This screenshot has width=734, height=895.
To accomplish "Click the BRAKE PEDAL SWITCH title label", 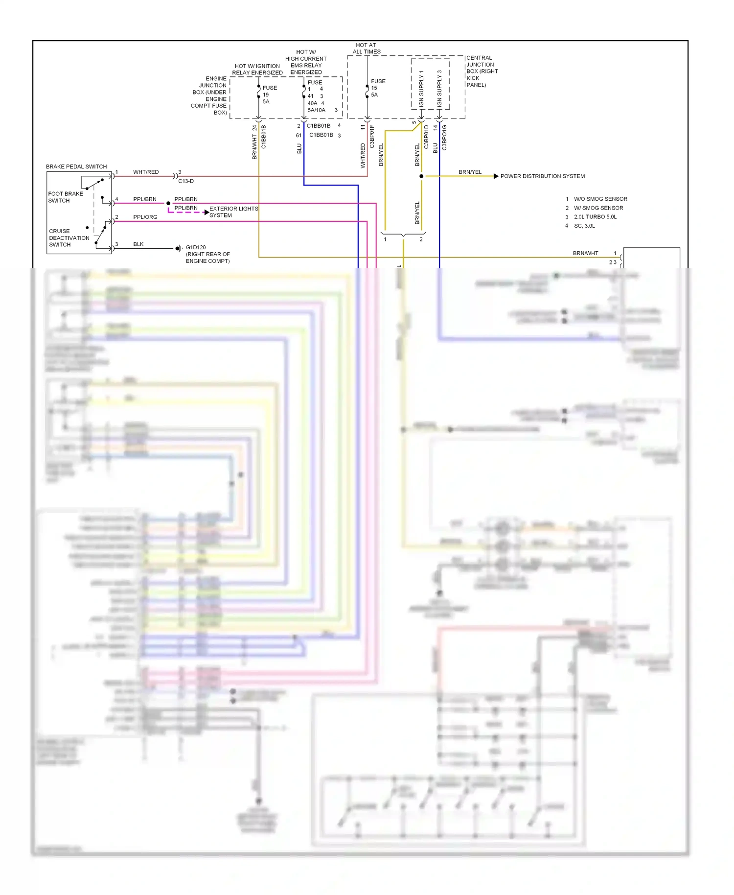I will (x=76, y=166).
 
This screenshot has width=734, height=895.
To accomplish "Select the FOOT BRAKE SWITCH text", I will (x=65, y=197).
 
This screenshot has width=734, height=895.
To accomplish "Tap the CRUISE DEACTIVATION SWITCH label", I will (x=69, y=238).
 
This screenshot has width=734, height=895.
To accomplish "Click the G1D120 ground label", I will (x=196, y=247).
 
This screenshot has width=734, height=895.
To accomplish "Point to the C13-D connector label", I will (x=186, y=181).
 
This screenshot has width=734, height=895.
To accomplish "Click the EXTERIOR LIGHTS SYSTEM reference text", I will (x=233, y=212).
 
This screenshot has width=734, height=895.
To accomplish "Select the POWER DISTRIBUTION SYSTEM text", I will (x=542, y=176).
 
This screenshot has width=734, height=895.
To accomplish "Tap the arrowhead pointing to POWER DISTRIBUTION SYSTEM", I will (x=496, y=176).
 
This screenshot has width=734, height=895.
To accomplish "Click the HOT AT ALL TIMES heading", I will (x=367, y=48).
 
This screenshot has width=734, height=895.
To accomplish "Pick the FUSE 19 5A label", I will (x=268, y=94).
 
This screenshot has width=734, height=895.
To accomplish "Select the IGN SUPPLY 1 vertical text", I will (x=421, y=89).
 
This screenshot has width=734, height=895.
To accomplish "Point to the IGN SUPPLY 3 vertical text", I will (x=439, y=89).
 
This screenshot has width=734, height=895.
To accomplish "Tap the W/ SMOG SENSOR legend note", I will (x=598, y=208).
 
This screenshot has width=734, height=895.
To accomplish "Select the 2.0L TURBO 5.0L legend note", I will (x=595, y=217).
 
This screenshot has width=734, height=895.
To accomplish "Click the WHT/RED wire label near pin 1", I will (x=146, y=172).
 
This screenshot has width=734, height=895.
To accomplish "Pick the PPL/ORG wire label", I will (x=145, y=217).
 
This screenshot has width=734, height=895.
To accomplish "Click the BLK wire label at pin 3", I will (x=138, y=244).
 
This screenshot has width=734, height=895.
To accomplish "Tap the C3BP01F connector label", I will (x=372, y=137).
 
